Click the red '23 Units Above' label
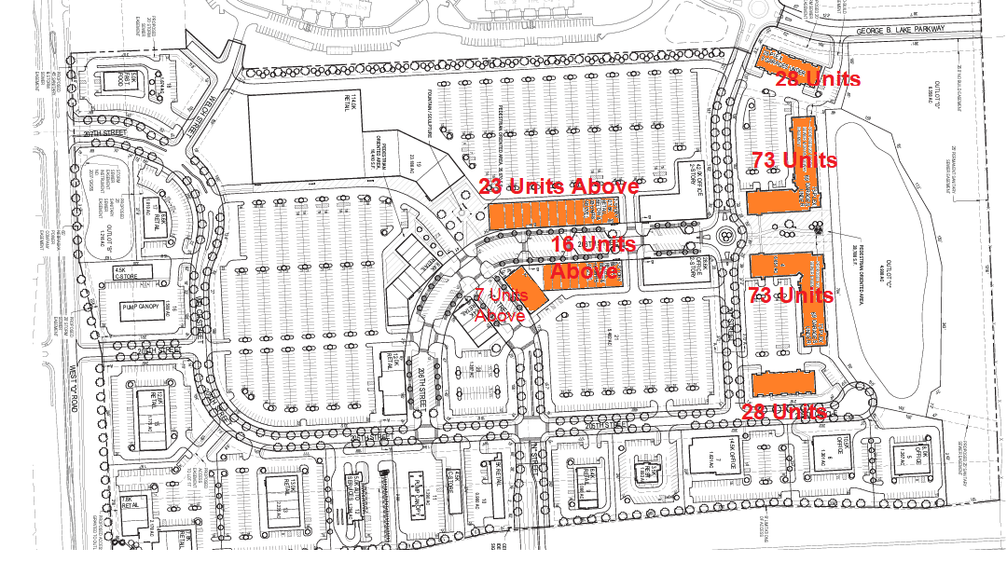(559, 185)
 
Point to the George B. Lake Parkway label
(902, 30)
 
